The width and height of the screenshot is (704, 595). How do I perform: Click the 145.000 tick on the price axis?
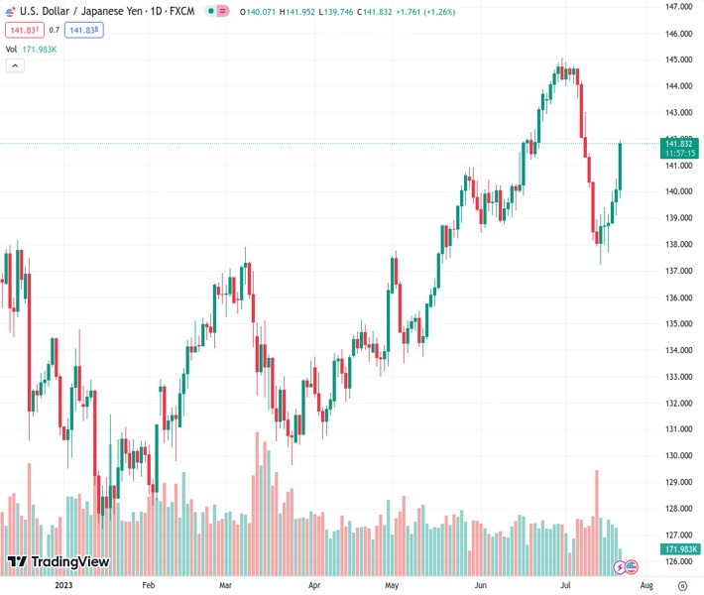pyautogui.click(x=678, y=59)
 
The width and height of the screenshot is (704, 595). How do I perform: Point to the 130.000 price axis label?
pyautogui.click(x=678, y=456)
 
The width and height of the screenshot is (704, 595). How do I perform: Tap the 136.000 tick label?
pyautogui.click(x=678, y=297)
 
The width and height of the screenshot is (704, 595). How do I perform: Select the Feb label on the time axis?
pyautogui.click(x=149, y=586)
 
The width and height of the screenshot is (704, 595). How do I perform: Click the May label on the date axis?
pyautogui.click(x=392, y=586)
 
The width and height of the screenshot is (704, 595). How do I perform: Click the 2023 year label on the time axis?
pyautogui.click(x=63, y=586)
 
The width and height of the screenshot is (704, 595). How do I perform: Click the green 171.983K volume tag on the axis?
pyautogui.click(x=681, y=549)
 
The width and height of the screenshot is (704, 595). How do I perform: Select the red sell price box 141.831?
pyautogui.click(x=23, y=30)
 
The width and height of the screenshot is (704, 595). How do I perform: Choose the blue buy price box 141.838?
pyautogui.click(x=84, y=30)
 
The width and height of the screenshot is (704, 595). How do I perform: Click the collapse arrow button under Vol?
pyautogui.click(x=15, y=65)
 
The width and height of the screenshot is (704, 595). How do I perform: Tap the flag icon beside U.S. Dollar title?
pyautogui.click(x=11, y=11)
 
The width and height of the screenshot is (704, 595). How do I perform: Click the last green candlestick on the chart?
pyautogui.click(x=620, y=166)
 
